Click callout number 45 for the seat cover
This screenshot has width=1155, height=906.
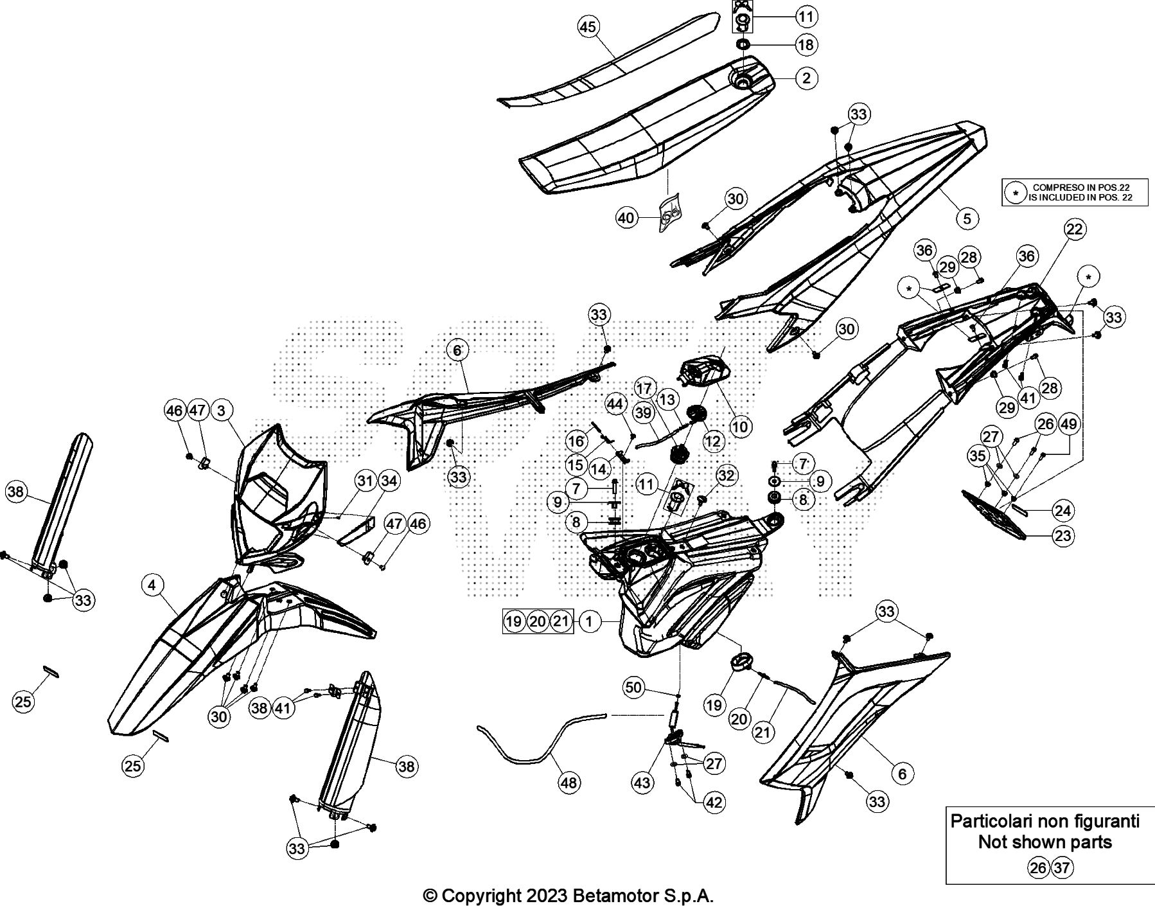point(588,27)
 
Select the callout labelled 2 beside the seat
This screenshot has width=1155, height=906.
point(806,78)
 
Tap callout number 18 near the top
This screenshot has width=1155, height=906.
point(806,44)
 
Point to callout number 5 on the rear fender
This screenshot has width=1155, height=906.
point(967,218)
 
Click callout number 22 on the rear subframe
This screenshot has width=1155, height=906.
point(1074,229)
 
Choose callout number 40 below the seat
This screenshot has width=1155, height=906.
point(626,218)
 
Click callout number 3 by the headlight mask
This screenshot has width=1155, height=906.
point(222,410)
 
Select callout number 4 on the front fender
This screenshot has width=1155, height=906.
point(152,585)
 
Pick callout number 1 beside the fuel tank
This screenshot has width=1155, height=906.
point(590,621)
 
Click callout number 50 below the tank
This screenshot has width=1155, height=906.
point(633,688)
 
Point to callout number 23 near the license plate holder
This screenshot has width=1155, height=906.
point(1063,535)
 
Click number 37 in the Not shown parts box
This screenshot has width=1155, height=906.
point(1062,868)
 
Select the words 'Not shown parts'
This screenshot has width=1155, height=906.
point(1045,842)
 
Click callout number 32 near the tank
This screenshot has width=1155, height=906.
point(726,475)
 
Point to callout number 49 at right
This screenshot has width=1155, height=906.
point(1069,424)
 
